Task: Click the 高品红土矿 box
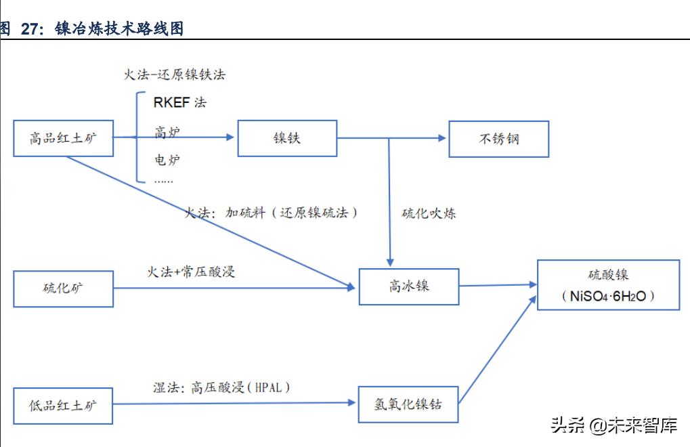63,139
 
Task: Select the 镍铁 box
286,138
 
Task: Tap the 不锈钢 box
498,139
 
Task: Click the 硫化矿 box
63,289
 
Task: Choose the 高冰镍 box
408,286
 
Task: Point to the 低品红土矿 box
63,406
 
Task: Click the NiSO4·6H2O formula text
608,297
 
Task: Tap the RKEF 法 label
179,103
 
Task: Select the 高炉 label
167,132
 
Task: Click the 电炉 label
167,161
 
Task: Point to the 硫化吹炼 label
429,214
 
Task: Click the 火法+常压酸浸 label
191,272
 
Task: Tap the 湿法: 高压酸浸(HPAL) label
221,387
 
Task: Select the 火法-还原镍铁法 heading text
174,74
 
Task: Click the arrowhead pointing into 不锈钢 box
442,138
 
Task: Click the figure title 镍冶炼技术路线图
119,28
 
